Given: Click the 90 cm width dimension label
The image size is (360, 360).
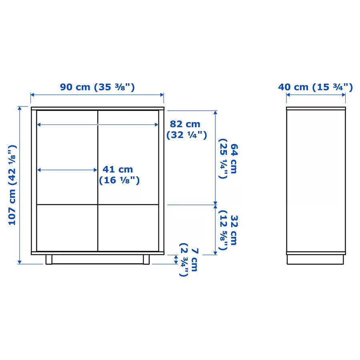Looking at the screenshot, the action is coord(97,87).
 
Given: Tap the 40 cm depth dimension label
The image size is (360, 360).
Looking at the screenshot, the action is coord(316,87).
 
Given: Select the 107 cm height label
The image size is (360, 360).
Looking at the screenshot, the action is coord(12,185).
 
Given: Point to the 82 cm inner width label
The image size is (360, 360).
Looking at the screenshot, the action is coord(187,130).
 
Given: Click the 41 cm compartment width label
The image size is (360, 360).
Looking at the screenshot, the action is coord(119,175).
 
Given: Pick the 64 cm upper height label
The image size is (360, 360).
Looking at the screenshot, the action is coord(228,158).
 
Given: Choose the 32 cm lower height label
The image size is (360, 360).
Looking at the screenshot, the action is coord(228,230).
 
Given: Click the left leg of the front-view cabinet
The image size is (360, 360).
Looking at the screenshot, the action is coord(49,260).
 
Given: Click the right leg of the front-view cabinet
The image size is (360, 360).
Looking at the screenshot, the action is coord(146,260).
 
